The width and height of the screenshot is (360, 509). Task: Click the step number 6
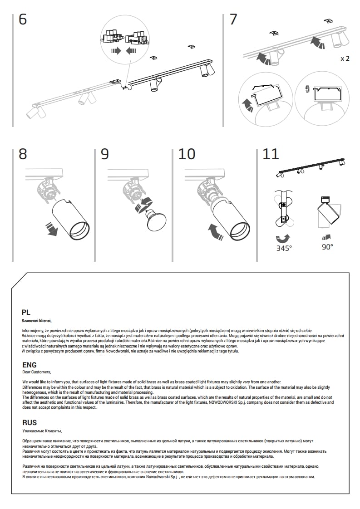(23, 20)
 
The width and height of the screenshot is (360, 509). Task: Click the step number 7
(233, 20)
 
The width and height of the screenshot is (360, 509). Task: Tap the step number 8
(23, 154)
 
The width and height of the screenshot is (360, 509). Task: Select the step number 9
(105, 154)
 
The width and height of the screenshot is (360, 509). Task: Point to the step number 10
(187, 154)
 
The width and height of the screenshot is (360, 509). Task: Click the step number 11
(271, 154)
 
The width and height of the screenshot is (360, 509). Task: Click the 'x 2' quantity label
(345, 59)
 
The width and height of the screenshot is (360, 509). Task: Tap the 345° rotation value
(284, 248)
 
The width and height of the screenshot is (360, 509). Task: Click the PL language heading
(26, 312)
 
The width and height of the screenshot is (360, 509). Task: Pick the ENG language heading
(30, 365)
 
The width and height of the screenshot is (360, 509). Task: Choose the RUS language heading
(30, 422)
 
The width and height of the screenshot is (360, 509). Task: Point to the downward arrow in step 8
(53, 230)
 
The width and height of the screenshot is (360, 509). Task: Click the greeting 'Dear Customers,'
(37, 372)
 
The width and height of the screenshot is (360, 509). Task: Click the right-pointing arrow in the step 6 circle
(116, 51)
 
